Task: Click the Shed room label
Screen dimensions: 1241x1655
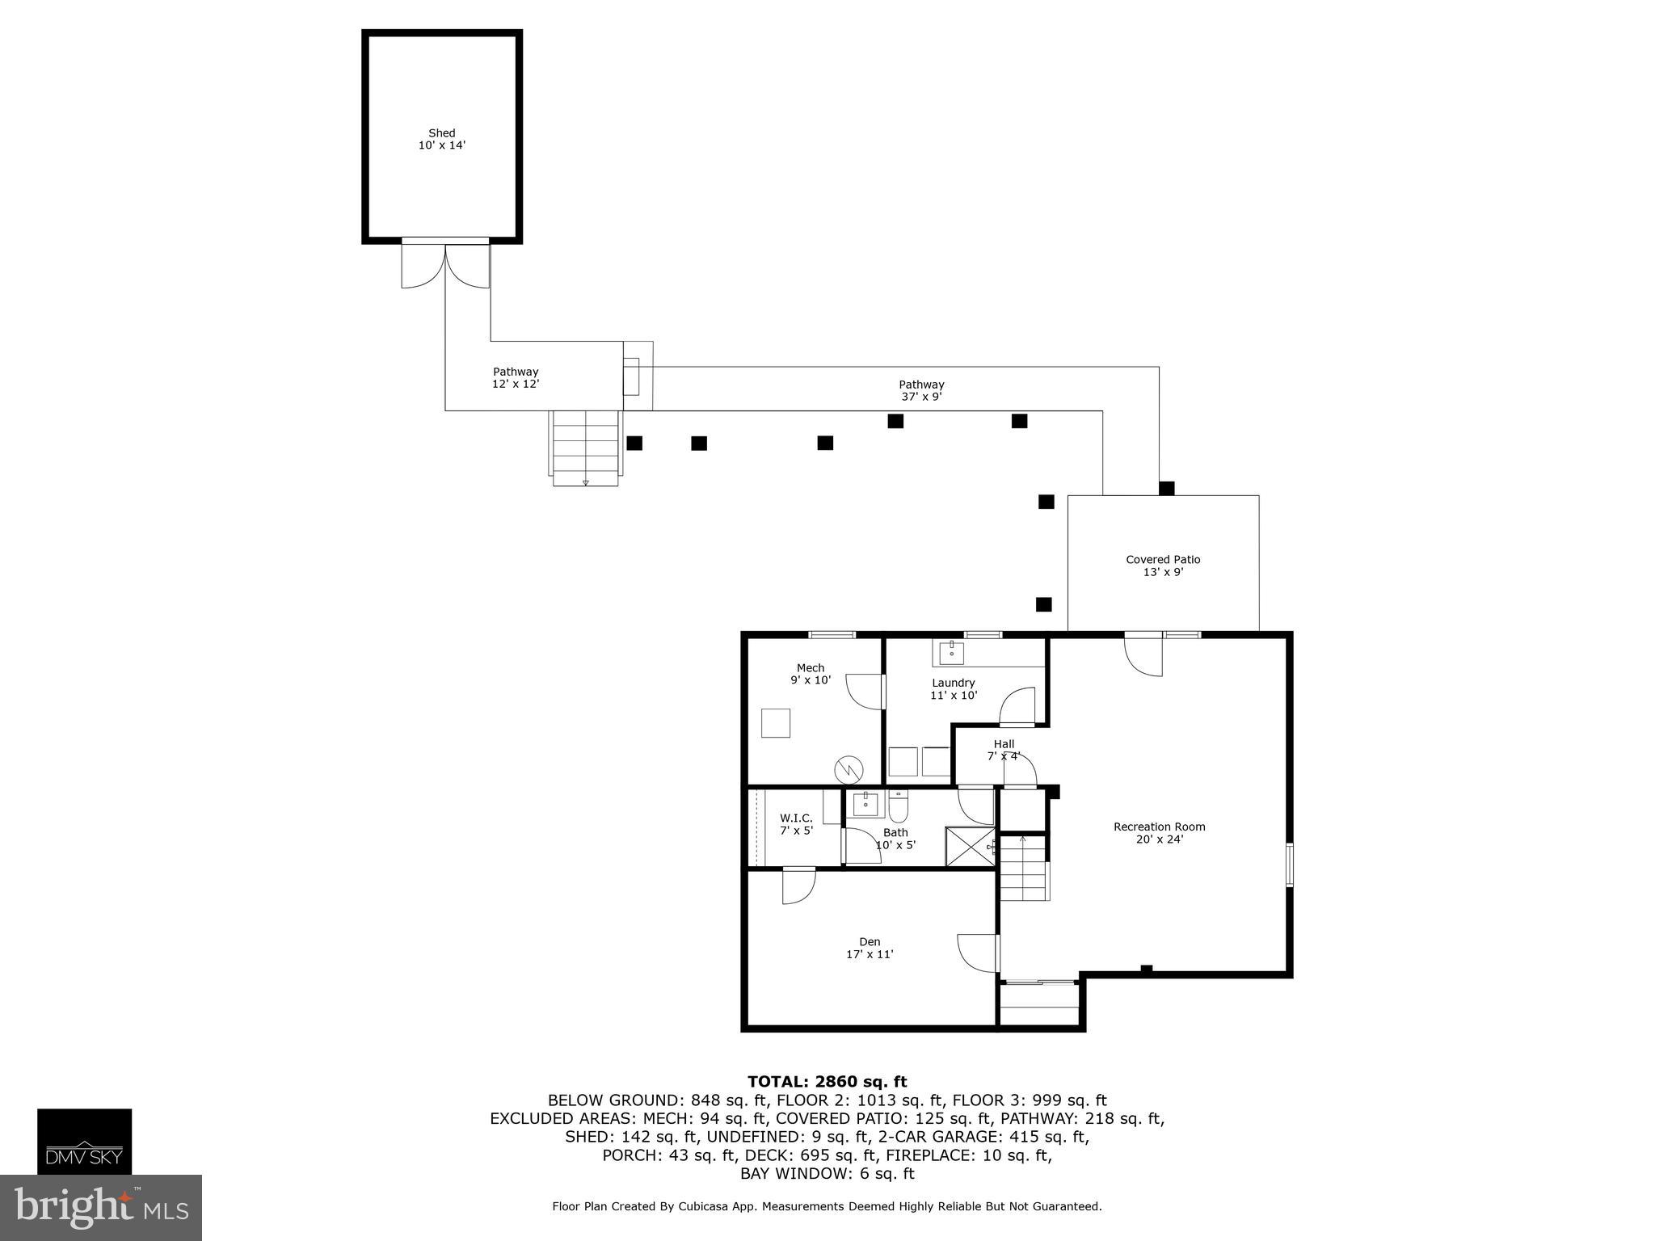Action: [x=441, y=139]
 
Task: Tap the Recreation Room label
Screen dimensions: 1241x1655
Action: [x=1159, y=832]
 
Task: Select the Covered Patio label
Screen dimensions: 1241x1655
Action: [x=1163, y=565]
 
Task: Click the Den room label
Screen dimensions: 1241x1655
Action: [x=870, y=948]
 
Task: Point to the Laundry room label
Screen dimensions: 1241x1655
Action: [x=954, y=688]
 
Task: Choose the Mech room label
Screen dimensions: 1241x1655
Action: [x=811, y=673]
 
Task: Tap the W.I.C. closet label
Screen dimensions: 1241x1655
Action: [x=796, y=824]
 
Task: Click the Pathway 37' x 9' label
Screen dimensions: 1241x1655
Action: [x=921, y=390]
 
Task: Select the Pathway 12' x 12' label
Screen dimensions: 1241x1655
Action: [x=516, y=377]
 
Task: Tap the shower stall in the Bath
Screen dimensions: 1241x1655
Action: [x=969, y=846]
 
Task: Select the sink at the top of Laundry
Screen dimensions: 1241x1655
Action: [x=951, y=652]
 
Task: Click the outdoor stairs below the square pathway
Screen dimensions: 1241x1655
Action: [x=586, y=448]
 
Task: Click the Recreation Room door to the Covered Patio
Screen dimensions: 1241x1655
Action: [x=1144, y=654]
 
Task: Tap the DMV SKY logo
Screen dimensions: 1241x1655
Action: [x=84, y=1141]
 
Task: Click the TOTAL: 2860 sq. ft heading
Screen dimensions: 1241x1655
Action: [x=827, y=1082]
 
